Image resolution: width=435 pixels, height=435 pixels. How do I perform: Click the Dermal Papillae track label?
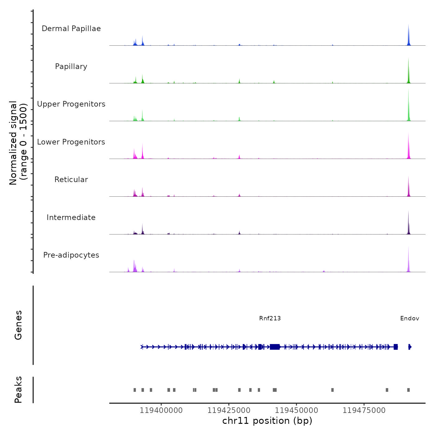tap(71, 29)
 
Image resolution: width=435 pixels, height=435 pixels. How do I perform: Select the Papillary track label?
tap(71, 66)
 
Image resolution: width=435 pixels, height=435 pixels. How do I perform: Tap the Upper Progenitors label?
tap(71, 104)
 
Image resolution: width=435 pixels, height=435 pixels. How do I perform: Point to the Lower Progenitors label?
tap(71, 142)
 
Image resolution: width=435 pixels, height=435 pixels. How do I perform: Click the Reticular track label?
tap(71, 180)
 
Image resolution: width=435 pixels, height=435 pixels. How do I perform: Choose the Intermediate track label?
tap(71, 217)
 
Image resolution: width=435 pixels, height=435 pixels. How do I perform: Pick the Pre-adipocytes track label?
tap(71, 255)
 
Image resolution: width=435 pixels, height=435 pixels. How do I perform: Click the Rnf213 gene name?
tap(270, 318)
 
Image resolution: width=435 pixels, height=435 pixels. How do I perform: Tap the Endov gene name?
tap(410, 318)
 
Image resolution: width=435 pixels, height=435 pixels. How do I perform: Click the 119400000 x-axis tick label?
tap(161, 410)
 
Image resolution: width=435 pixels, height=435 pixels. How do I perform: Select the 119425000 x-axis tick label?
tap(229, 410)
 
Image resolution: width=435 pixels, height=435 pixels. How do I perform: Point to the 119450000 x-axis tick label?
tap(296, 410)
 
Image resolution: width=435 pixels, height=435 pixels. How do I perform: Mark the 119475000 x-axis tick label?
tap(364, 410)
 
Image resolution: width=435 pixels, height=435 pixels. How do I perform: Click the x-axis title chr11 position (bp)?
tap(267, 421)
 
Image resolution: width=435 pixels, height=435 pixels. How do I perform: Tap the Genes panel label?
tap(18, 325)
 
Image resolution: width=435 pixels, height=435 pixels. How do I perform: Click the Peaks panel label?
tap(18, 390)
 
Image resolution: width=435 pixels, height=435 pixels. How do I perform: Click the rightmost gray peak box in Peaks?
tap(408, 390)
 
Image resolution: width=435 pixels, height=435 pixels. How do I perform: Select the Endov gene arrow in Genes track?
tap(410, 347)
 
